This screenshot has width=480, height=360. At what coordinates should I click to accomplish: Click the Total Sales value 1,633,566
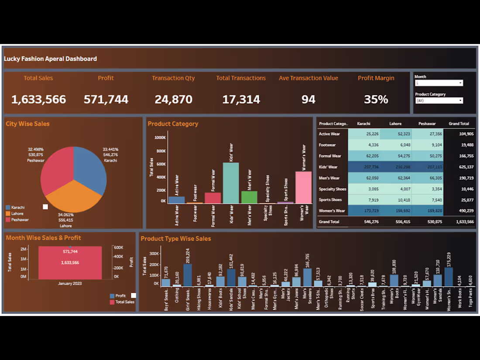click(38, 99)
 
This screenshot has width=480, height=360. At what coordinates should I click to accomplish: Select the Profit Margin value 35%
click(376, 99)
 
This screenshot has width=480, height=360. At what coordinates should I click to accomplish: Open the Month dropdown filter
click(439, 83)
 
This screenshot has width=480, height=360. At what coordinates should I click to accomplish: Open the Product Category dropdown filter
click(439, 100)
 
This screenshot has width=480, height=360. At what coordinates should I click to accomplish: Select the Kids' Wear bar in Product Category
click(231, 183)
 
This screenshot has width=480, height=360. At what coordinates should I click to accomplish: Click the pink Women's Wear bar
click(303, 188)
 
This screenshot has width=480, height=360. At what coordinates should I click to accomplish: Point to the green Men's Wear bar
click(249, 197)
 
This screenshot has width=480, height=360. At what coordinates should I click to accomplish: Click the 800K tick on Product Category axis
click(160, 151)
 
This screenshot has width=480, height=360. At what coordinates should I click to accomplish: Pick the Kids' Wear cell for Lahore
click(395, 167)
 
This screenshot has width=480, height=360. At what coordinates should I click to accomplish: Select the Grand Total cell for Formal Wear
click(459, 156)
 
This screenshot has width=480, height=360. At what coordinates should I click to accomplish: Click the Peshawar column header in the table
click(427, 123)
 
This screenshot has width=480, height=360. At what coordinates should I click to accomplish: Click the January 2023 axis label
click(70, 283)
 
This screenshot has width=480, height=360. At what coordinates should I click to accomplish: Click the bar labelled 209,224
click(188, 275)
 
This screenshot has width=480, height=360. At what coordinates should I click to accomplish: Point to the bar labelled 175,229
click(448, 277)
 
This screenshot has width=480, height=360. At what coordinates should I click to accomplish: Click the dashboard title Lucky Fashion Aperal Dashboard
click(51, 58)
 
